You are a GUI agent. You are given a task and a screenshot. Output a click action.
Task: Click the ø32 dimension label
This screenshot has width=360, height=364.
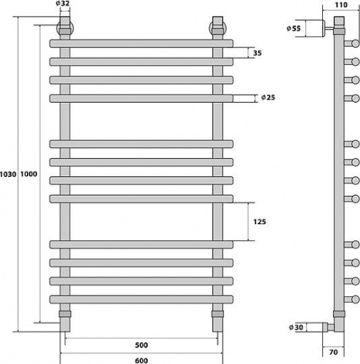(63, 4)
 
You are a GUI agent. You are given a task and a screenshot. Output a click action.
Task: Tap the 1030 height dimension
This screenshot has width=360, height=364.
(8, 174)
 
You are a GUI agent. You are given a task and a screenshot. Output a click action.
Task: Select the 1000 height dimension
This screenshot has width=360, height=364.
(28, 174)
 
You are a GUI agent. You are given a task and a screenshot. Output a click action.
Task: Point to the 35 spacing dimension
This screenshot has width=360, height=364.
(257, 53)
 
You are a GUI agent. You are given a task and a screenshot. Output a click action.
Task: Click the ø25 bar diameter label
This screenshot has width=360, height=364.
(268, 98)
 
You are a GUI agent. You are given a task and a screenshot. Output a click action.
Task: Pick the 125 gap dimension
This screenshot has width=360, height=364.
(260, 221)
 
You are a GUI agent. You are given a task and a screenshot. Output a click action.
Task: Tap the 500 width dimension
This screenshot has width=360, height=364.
(141, 345)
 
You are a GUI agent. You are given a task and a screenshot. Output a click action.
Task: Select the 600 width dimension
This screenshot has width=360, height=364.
(141, 360)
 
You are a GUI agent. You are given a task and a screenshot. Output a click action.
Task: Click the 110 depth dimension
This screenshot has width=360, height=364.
(341, 5)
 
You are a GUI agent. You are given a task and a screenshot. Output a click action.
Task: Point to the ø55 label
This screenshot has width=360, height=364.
(294, 28)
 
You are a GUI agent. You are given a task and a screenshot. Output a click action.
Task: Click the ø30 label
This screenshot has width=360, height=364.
(296, 328)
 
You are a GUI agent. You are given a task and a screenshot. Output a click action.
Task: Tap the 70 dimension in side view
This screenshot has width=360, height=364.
(334, 352)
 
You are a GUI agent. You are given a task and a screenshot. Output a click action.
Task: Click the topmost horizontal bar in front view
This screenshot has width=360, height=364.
(141, 44)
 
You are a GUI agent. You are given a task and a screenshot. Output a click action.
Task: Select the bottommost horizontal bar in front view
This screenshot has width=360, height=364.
(141, 299)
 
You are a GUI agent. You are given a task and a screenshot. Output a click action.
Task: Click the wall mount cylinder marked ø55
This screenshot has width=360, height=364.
(315, 28)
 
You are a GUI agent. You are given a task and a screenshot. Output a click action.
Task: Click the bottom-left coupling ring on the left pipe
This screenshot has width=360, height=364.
(65, 314)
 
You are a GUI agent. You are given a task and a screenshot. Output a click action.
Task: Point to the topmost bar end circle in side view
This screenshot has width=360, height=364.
(356, 44)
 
